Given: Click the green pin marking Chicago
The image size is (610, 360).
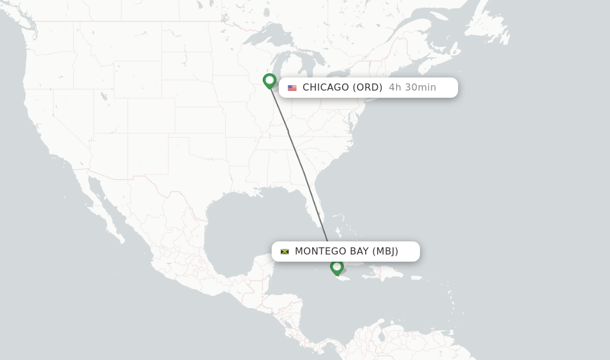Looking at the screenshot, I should [269, 80].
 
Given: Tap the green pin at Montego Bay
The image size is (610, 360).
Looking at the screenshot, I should [337, 267].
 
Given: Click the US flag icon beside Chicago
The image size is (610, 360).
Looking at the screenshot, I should [292, 88].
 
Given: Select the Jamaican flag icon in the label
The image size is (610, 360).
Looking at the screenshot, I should [285, 252].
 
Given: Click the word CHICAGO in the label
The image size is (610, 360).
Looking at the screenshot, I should [325, 88].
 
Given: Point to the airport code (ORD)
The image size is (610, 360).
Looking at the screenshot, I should [367, 88].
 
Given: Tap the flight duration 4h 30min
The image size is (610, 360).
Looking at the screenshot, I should [412, 88].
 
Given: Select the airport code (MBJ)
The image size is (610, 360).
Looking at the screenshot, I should [385, 252].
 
